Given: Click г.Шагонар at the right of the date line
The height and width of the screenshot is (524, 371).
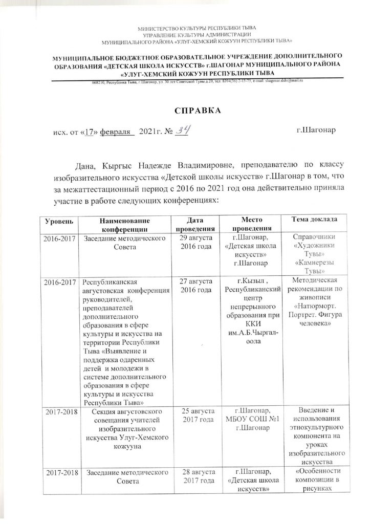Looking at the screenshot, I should click(x=317, y=131).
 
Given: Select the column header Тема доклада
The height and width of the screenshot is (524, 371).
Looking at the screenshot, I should click(x=314, y=219).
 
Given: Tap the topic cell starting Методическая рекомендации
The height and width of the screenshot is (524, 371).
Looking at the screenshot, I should click(x=314, y=301).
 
